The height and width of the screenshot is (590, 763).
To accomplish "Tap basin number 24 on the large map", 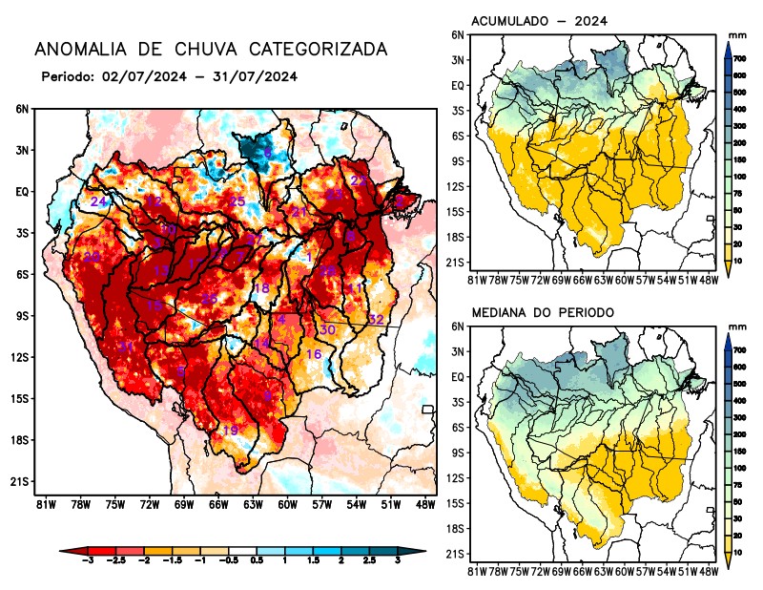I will [98, 202].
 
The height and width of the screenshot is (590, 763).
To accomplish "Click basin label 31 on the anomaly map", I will [125, 347].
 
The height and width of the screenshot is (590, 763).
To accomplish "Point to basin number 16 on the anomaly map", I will [313, 354].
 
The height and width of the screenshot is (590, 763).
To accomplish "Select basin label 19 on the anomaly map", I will [230, 432].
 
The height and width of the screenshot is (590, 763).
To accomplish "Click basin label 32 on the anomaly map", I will [376, 319].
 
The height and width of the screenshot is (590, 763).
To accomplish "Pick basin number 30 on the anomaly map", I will [327, 329].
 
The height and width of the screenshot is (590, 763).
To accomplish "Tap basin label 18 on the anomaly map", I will [260, 288].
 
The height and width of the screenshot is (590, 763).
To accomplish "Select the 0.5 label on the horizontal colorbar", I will [256, 565].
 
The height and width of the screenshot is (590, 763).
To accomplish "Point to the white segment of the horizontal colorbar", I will [241, 552].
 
